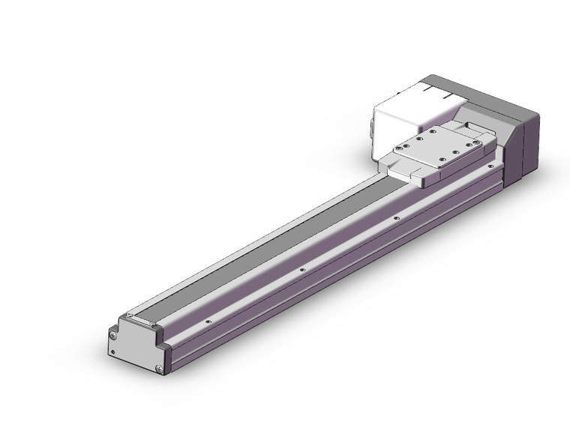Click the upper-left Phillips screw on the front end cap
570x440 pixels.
click(x=114, y=335)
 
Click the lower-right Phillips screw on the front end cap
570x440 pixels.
click(x=158, y=367)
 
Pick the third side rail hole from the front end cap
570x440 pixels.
click(x=396, y=219)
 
